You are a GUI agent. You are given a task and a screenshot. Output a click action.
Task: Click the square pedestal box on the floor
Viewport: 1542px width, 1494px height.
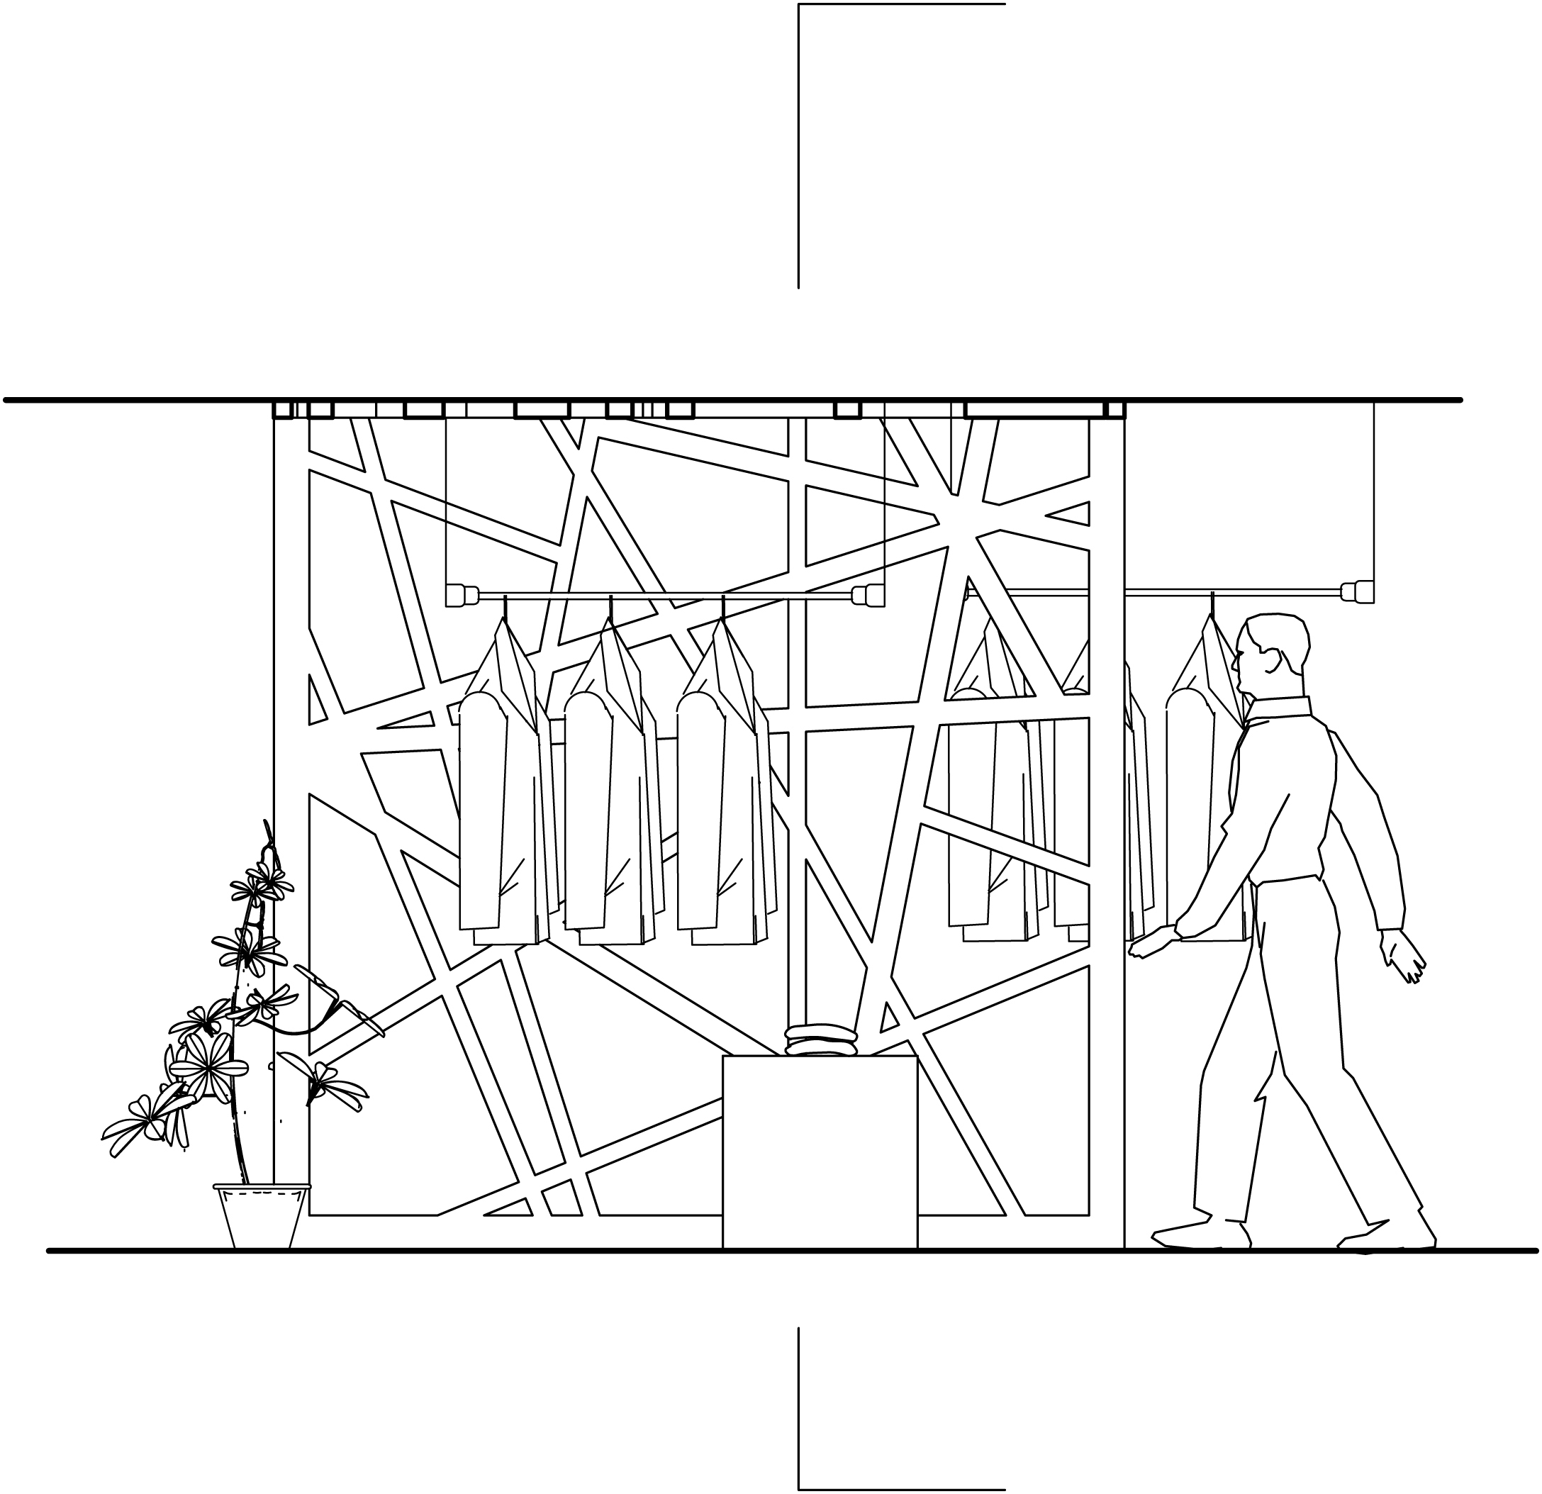tap(820, 1152)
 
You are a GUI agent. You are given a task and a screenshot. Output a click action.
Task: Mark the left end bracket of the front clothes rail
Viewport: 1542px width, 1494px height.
tap(462, 595)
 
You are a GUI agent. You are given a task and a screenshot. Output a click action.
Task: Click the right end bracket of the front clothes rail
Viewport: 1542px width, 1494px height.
tap(868, 595)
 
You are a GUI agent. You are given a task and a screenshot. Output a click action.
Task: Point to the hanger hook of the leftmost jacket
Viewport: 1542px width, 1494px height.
tap(505, 608)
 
